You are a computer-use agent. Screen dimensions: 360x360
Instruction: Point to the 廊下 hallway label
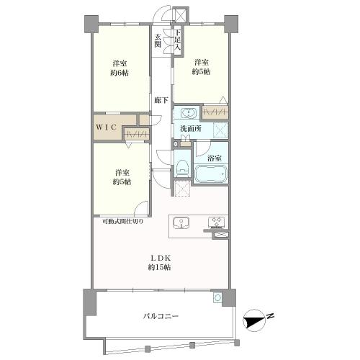point(161,100)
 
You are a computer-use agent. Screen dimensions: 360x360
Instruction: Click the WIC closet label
point(107,127)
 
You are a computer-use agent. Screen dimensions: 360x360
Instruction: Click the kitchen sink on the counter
point(181,222)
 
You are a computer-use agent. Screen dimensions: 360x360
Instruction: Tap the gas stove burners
point(217,222)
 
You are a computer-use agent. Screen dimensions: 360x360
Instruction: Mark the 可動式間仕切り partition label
point(122,221)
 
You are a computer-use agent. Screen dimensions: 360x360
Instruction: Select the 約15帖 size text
point(160,267)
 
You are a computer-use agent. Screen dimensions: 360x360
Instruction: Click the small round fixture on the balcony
point(217,297)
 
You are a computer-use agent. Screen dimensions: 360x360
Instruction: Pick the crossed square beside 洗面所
point(219,130)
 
